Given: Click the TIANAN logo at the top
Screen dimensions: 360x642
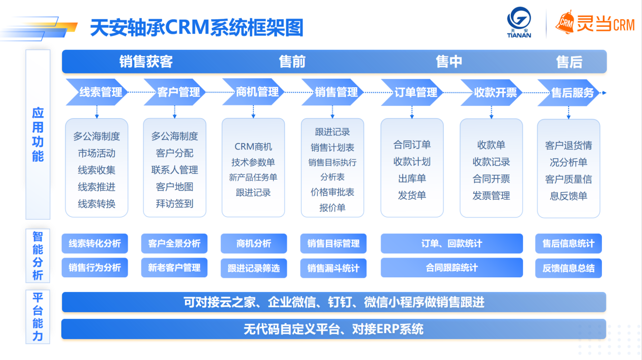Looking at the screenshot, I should (x=519, y=23).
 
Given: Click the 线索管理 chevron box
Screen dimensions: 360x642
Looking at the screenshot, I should (x=97, y=92).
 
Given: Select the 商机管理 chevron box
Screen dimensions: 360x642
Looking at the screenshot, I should (x=253, y=92).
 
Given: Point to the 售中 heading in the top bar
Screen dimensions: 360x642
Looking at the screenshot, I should (x=449, y=62).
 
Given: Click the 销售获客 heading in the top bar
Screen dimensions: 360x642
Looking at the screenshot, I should (x=146, y=62).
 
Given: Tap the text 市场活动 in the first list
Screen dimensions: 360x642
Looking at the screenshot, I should (x=96, y=153).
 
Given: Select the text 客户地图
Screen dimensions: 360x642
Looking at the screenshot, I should (x=174, y=187).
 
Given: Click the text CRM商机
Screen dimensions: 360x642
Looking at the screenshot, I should (x=253, y=147).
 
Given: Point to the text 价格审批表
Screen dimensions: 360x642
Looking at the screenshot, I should (x=332, y=192).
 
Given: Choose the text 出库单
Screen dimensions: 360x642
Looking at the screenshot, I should (x=411, y=178).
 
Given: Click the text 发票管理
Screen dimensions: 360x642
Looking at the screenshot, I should (x=491, y=196).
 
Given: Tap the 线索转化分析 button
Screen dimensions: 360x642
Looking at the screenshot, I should (x=95, y=243).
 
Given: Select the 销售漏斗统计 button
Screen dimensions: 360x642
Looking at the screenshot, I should (x=333, y=268).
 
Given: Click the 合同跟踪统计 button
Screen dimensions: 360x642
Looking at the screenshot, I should (x=451, y=268).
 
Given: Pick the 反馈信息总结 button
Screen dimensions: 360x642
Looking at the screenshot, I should (x=568, y=268).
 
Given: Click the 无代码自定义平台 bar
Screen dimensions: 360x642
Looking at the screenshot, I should (x=333, y=329).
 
